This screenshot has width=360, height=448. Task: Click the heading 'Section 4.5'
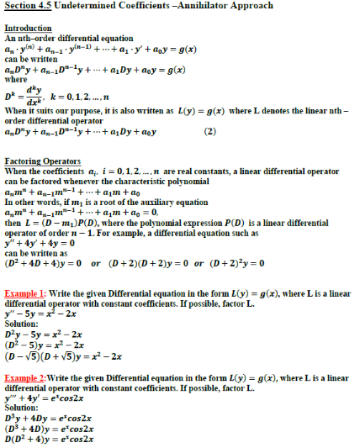pyautogui.click(x=31, y=7)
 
